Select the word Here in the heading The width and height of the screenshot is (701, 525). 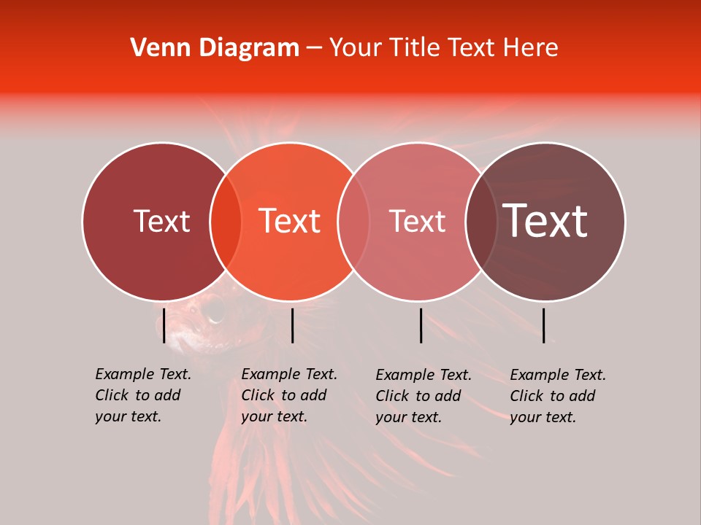point(532,48)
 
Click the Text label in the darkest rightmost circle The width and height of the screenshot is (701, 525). point(545,220)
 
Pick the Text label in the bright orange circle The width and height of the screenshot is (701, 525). point(289,220)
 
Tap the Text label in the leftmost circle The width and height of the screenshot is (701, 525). point(161,221)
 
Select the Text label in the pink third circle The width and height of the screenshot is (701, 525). point(417,221)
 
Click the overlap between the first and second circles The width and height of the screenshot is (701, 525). point(226,221)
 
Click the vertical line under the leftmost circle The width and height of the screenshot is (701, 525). point(164,325)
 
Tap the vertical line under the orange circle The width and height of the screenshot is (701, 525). point(292,325)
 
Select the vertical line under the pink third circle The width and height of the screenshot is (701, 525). point(421,325)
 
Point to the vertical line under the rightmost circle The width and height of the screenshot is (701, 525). point(544,325)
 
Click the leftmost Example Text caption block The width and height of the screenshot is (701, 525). point(143,395)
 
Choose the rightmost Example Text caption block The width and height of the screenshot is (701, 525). point(558,396)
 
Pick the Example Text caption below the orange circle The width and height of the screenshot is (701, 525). point(289,395)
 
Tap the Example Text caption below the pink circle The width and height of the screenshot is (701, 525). point(424,396)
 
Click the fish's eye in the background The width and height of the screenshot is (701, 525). point(213,311)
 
